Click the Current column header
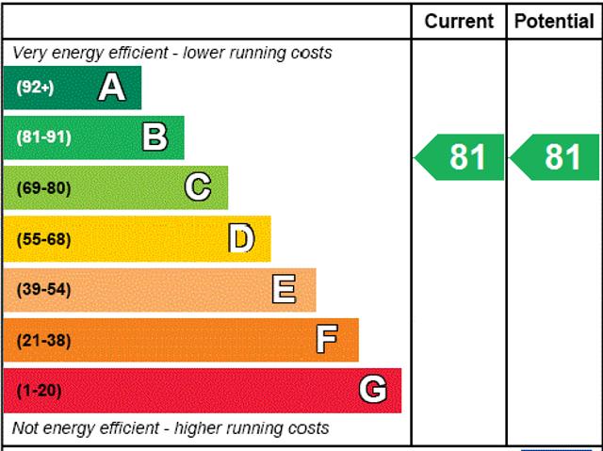point(459,21)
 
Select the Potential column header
point(555,21)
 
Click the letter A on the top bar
point(111,88)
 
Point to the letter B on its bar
point(155,137)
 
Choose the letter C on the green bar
point(198,187)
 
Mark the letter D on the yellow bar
point(242,239)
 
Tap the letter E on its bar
point(284,289)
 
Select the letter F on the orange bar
point(327,340)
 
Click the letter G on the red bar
point(373,390)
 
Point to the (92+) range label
point(36,88)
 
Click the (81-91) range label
point(43,137)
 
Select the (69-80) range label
point(43,188)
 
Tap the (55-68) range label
point(43,239)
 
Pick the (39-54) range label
point(43,289)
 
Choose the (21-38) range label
point(43,340)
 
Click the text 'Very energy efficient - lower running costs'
point(172,53)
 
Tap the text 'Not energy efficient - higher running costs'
point(171,428)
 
